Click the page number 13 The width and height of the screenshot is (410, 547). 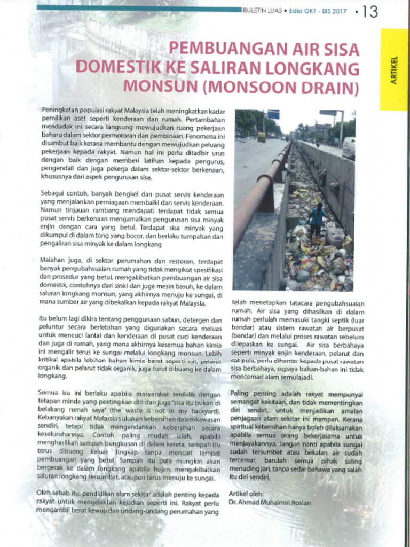point(369,12)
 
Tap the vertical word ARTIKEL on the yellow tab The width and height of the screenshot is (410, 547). point(394,70)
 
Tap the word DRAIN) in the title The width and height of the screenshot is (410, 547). point(334,86)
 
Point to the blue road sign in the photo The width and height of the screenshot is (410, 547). point(273,114)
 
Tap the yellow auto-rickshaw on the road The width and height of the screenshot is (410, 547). point(261,137)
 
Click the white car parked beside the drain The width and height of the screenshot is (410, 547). point(349,147)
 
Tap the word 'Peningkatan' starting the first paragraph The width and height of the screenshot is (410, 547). point(58,109)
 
